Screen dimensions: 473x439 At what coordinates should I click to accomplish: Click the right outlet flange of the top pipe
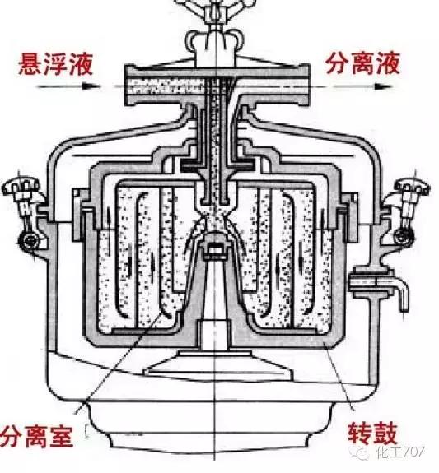[309, 83]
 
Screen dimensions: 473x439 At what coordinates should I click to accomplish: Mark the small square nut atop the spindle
[217, 248]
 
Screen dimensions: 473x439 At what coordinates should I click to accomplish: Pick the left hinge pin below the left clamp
[30, 242]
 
